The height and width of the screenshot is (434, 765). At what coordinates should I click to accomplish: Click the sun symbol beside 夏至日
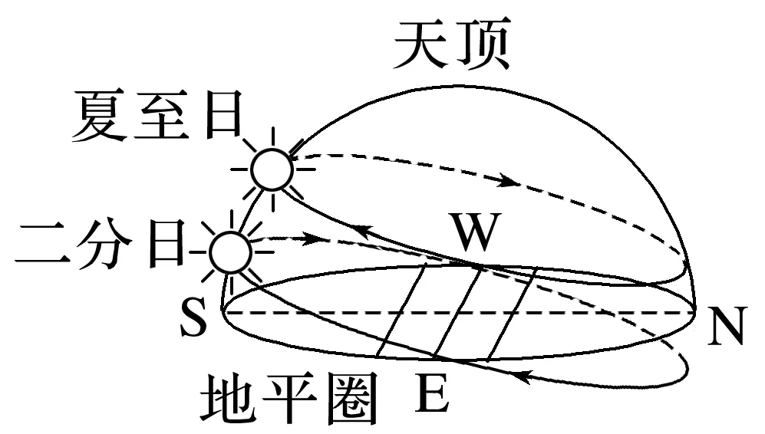tap(272, 169)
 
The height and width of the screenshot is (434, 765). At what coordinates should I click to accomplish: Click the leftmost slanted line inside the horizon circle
tap(402, 310)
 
